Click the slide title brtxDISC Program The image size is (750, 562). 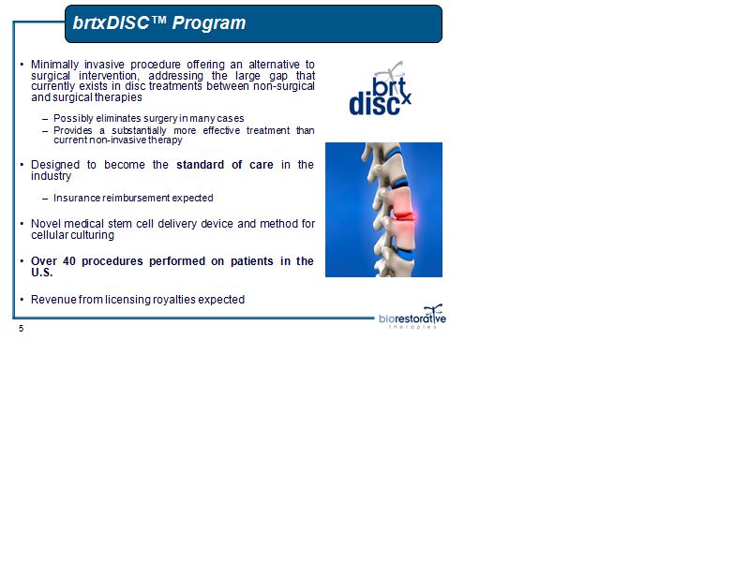coord(159,22)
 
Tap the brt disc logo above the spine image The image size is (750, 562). coord(381,89)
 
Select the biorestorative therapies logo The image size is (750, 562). coord(412,317)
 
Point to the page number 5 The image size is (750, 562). coord(21,329)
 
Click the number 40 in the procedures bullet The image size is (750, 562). coord(69,261)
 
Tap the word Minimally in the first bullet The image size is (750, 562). coord(54,65)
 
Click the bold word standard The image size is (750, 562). coord(200,165)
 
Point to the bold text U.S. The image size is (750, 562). coord(41,273)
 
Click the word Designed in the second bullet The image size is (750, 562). coord(55,165)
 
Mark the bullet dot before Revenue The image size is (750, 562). coord(22,300)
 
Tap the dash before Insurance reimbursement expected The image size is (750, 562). coord(45,199)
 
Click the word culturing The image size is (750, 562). coord(93,235)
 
